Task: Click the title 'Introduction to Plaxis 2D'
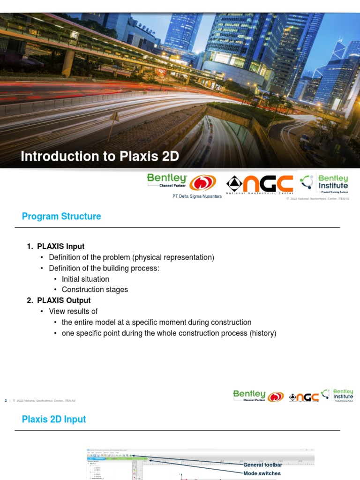coord(100,156)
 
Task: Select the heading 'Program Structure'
coord(61,217)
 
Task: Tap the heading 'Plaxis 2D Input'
coord(54,419)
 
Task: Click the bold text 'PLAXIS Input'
coord(61,247)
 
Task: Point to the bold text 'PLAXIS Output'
coord(64,300)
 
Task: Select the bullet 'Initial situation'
coord(85,279)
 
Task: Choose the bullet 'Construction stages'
coord(95,290)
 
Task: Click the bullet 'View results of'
coord(73,311)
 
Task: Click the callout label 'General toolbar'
coord(262,465)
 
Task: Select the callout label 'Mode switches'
coord(262,473)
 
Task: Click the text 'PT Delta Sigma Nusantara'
coord(197,196)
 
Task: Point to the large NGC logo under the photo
coord(260,184)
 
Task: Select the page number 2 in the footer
coord(6,400)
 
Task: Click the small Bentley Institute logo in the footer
coord(343,395)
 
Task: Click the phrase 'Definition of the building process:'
coord(104,268)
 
